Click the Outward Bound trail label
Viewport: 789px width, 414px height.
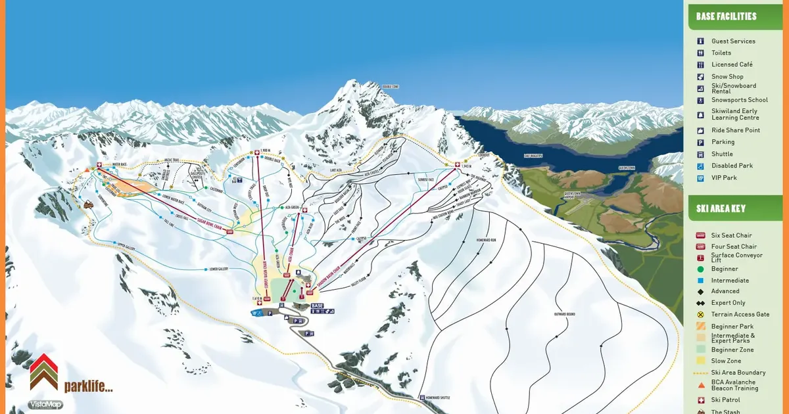565,314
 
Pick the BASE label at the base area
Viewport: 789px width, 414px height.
317,306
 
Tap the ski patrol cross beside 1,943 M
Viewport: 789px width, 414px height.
457,164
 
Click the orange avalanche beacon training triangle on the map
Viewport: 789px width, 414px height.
87,170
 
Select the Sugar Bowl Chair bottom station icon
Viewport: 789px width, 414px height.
230,231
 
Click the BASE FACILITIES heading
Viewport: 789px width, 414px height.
726,16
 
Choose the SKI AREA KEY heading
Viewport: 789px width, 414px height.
721,209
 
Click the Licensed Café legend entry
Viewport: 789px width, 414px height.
732,64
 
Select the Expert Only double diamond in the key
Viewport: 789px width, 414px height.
701,303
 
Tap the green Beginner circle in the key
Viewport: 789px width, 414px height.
701,269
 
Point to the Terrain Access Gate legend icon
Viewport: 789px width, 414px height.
701,315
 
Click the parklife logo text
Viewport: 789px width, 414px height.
88,386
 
